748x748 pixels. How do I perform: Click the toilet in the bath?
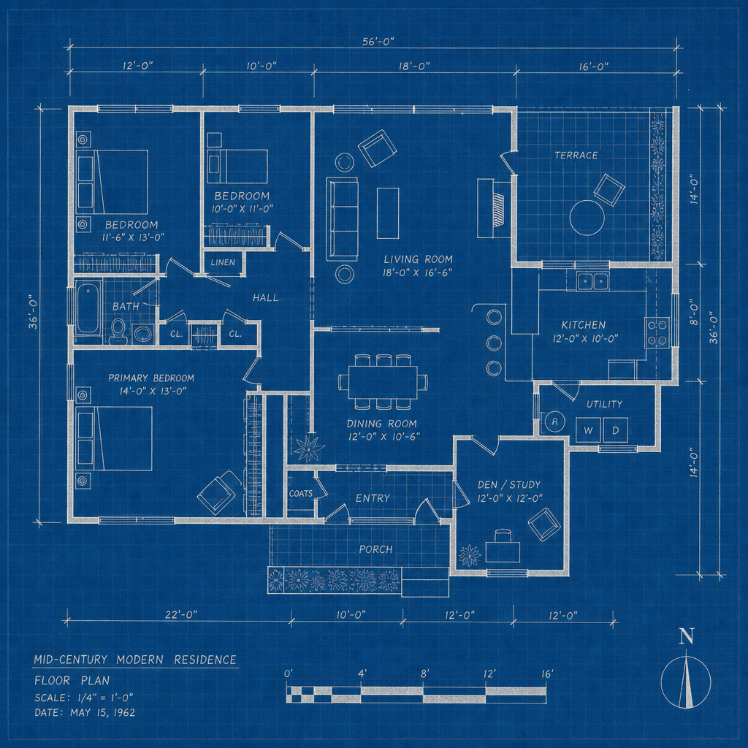coord(118,331)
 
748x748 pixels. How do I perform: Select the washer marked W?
coord(588,430)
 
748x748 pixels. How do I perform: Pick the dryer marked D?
coord(615,430)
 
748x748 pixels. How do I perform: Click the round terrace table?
coord(587,218)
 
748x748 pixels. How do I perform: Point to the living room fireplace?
coord(492,208)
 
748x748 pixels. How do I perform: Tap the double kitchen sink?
coord(592,281)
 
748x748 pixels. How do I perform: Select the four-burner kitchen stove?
coord(657,332)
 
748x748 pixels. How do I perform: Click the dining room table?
coord(383,381)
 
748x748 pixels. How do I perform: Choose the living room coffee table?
coord(388,213)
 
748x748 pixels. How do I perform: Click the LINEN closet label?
coord(223,262)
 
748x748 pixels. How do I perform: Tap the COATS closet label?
coord(300,493)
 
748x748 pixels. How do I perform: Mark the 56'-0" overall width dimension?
coord(378,42)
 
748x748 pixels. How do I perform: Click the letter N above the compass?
coord(687,637)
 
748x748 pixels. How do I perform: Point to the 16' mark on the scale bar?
coord(546,674)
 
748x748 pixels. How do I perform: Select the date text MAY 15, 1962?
coord(102,713)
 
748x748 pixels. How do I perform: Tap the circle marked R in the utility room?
coord(554,421)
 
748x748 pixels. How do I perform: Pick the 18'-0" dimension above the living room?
coord(414,66)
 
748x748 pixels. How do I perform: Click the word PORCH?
coord(376,549)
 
